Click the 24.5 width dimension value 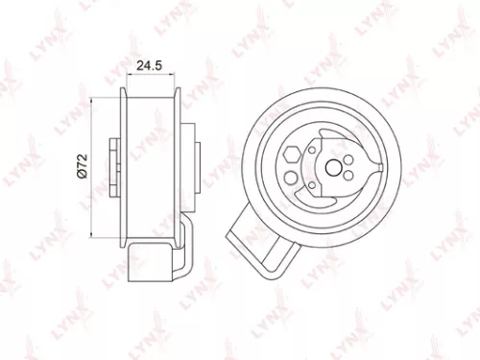(x=150, y=66)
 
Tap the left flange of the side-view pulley (x=128, y=165)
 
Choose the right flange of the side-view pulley (x=181, y=165)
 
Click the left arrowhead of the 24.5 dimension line (x=128, y=79)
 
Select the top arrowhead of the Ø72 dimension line (x=91, y=97)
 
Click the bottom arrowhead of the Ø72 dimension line (x=91, y=233)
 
